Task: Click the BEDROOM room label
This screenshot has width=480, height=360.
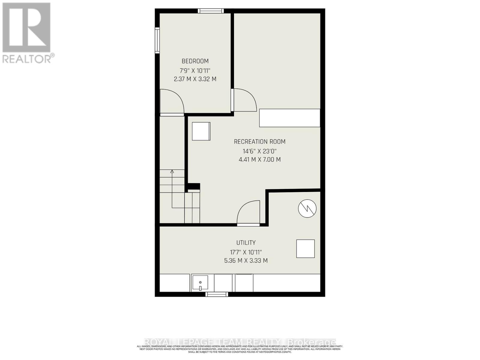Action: click(195, 61)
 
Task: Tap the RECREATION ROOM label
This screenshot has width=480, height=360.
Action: click(259, 142)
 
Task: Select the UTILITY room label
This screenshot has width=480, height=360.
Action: click(246, 243)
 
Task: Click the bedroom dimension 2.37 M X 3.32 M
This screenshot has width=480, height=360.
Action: click(195, 79)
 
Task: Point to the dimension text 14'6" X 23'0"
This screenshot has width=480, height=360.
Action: click(259, 151)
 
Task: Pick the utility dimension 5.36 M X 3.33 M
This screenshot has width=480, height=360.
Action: click(246, 261)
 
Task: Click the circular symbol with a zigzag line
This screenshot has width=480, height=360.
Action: click(307, 208)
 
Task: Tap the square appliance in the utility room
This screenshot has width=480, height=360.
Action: click(305, 249)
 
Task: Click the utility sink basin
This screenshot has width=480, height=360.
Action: click(200, 283)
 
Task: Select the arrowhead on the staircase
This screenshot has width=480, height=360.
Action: click(172, 172)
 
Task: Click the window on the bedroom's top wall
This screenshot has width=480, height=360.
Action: click(211, 11)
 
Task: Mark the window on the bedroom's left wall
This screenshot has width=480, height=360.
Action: click(157, 40)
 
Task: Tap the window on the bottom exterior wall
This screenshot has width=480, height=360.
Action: click(217, 294)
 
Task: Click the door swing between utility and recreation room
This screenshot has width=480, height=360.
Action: click(248, 213)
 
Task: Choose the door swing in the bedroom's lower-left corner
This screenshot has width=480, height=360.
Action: click(172, 102)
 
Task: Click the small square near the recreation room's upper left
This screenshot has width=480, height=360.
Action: click(201, 131)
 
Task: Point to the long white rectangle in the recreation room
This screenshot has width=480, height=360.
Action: click(289, 118)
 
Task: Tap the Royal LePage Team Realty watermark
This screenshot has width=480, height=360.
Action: click(240, 342)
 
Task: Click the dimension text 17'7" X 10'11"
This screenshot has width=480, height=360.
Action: click(246, 252)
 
